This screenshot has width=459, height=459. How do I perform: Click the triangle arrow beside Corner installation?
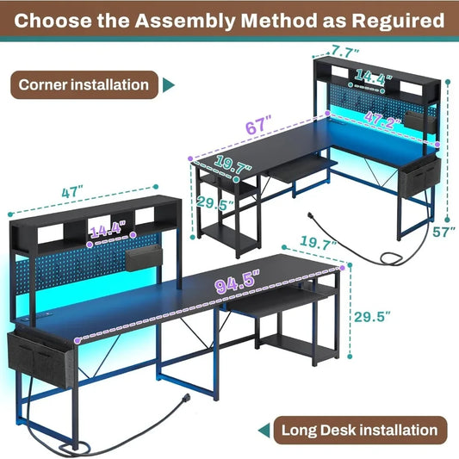(x=169, y=84)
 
